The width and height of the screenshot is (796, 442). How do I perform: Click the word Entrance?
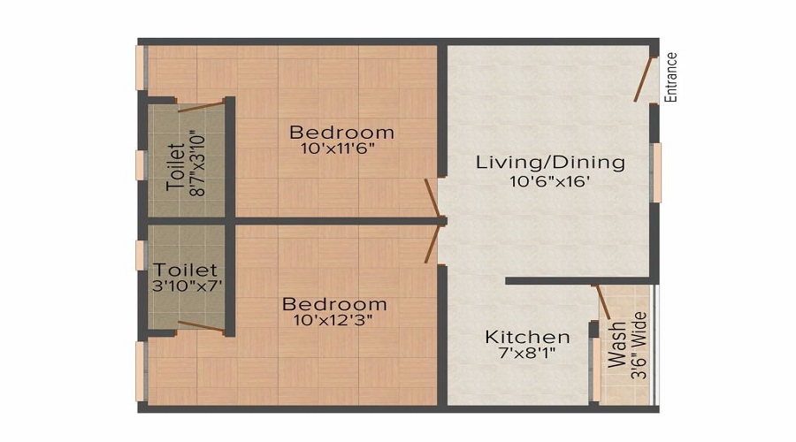click(x=671, y=78)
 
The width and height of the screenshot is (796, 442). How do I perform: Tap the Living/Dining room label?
click(x=550, y=163)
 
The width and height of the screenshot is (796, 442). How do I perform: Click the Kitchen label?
click(x=527, y=338)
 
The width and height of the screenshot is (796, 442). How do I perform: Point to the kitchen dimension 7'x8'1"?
click(x=527, y=355)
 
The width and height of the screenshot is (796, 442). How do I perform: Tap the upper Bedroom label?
click(x=342, y=133)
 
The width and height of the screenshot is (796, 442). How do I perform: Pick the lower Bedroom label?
click(x=334, y=304)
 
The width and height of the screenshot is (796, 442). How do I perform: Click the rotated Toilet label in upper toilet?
click(x=176, y=168)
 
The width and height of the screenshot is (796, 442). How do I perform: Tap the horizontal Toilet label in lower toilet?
click(x=185, y=269)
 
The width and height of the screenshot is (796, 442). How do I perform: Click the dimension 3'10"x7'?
click(x=185, y=286)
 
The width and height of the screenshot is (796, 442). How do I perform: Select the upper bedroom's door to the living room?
click(x=432, y=198)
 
